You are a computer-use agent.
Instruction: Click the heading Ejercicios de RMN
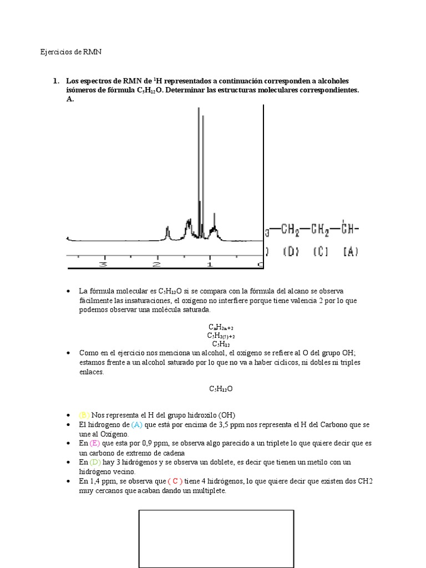[71, 52]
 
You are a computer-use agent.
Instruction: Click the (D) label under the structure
[292, 252]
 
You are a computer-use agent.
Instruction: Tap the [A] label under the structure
[351, 252]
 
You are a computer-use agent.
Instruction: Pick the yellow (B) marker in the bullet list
[84, 415]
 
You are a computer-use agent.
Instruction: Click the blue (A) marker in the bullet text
[137, 424]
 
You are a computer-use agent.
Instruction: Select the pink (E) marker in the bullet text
[94, 443]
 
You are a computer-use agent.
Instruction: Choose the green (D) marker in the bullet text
[95, 462]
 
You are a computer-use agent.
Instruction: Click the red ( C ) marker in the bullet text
[175, 481]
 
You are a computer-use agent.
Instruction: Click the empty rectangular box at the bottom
[215, 538]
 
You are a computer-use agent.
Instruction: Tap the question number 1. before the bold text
[56, 81]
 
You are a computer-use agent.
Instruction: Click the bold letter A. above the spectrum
[69, 99]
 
